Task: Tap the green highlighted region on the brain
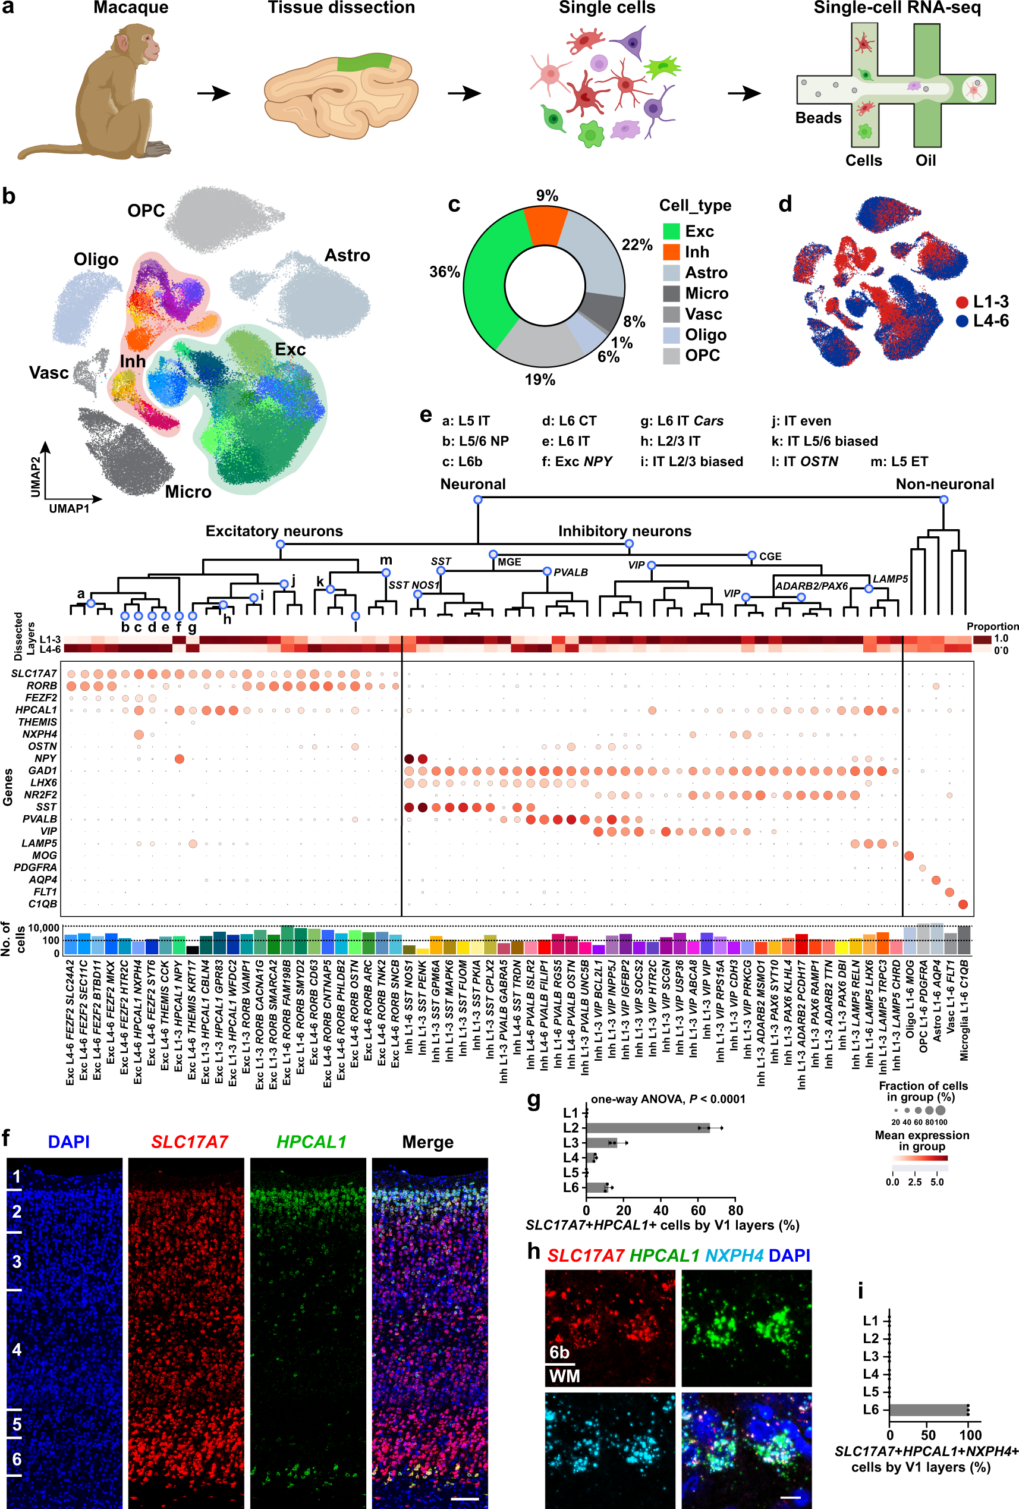[x=364, y=62]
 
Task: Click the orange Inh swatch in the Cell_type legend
[x=671, y=252]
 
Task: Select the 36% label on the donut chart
[x=444, y=272]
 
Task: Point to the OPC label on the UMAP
[x=146, y=211]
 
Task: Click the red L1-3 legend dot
[x=962, y=302]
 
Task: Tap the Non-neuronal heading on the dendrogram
[x=944, y=485]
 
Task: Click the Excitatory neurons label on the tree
[x=274, y=531]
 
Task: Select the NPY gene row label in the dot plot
[x=45, y=759]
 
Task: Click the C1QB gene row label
[x=43, y=904]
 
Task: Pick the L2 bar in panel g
[x=647, y=1128]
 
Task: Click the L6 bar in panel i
[x=928, y=1410]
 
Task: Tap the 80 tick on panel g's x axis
[x=735, y=1211]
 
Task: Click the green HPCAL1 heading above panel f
[x=311, y=1142]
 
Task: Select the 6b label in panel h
[x=559, y=1353]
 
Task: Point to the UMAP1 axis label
[x=69, y=508]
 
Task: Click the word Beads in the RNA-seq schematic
[x=817, y=118]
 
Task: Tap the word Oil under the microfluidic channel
[x=926, y=161]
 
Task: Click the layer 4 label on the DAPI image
[x=17, y=1350]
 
